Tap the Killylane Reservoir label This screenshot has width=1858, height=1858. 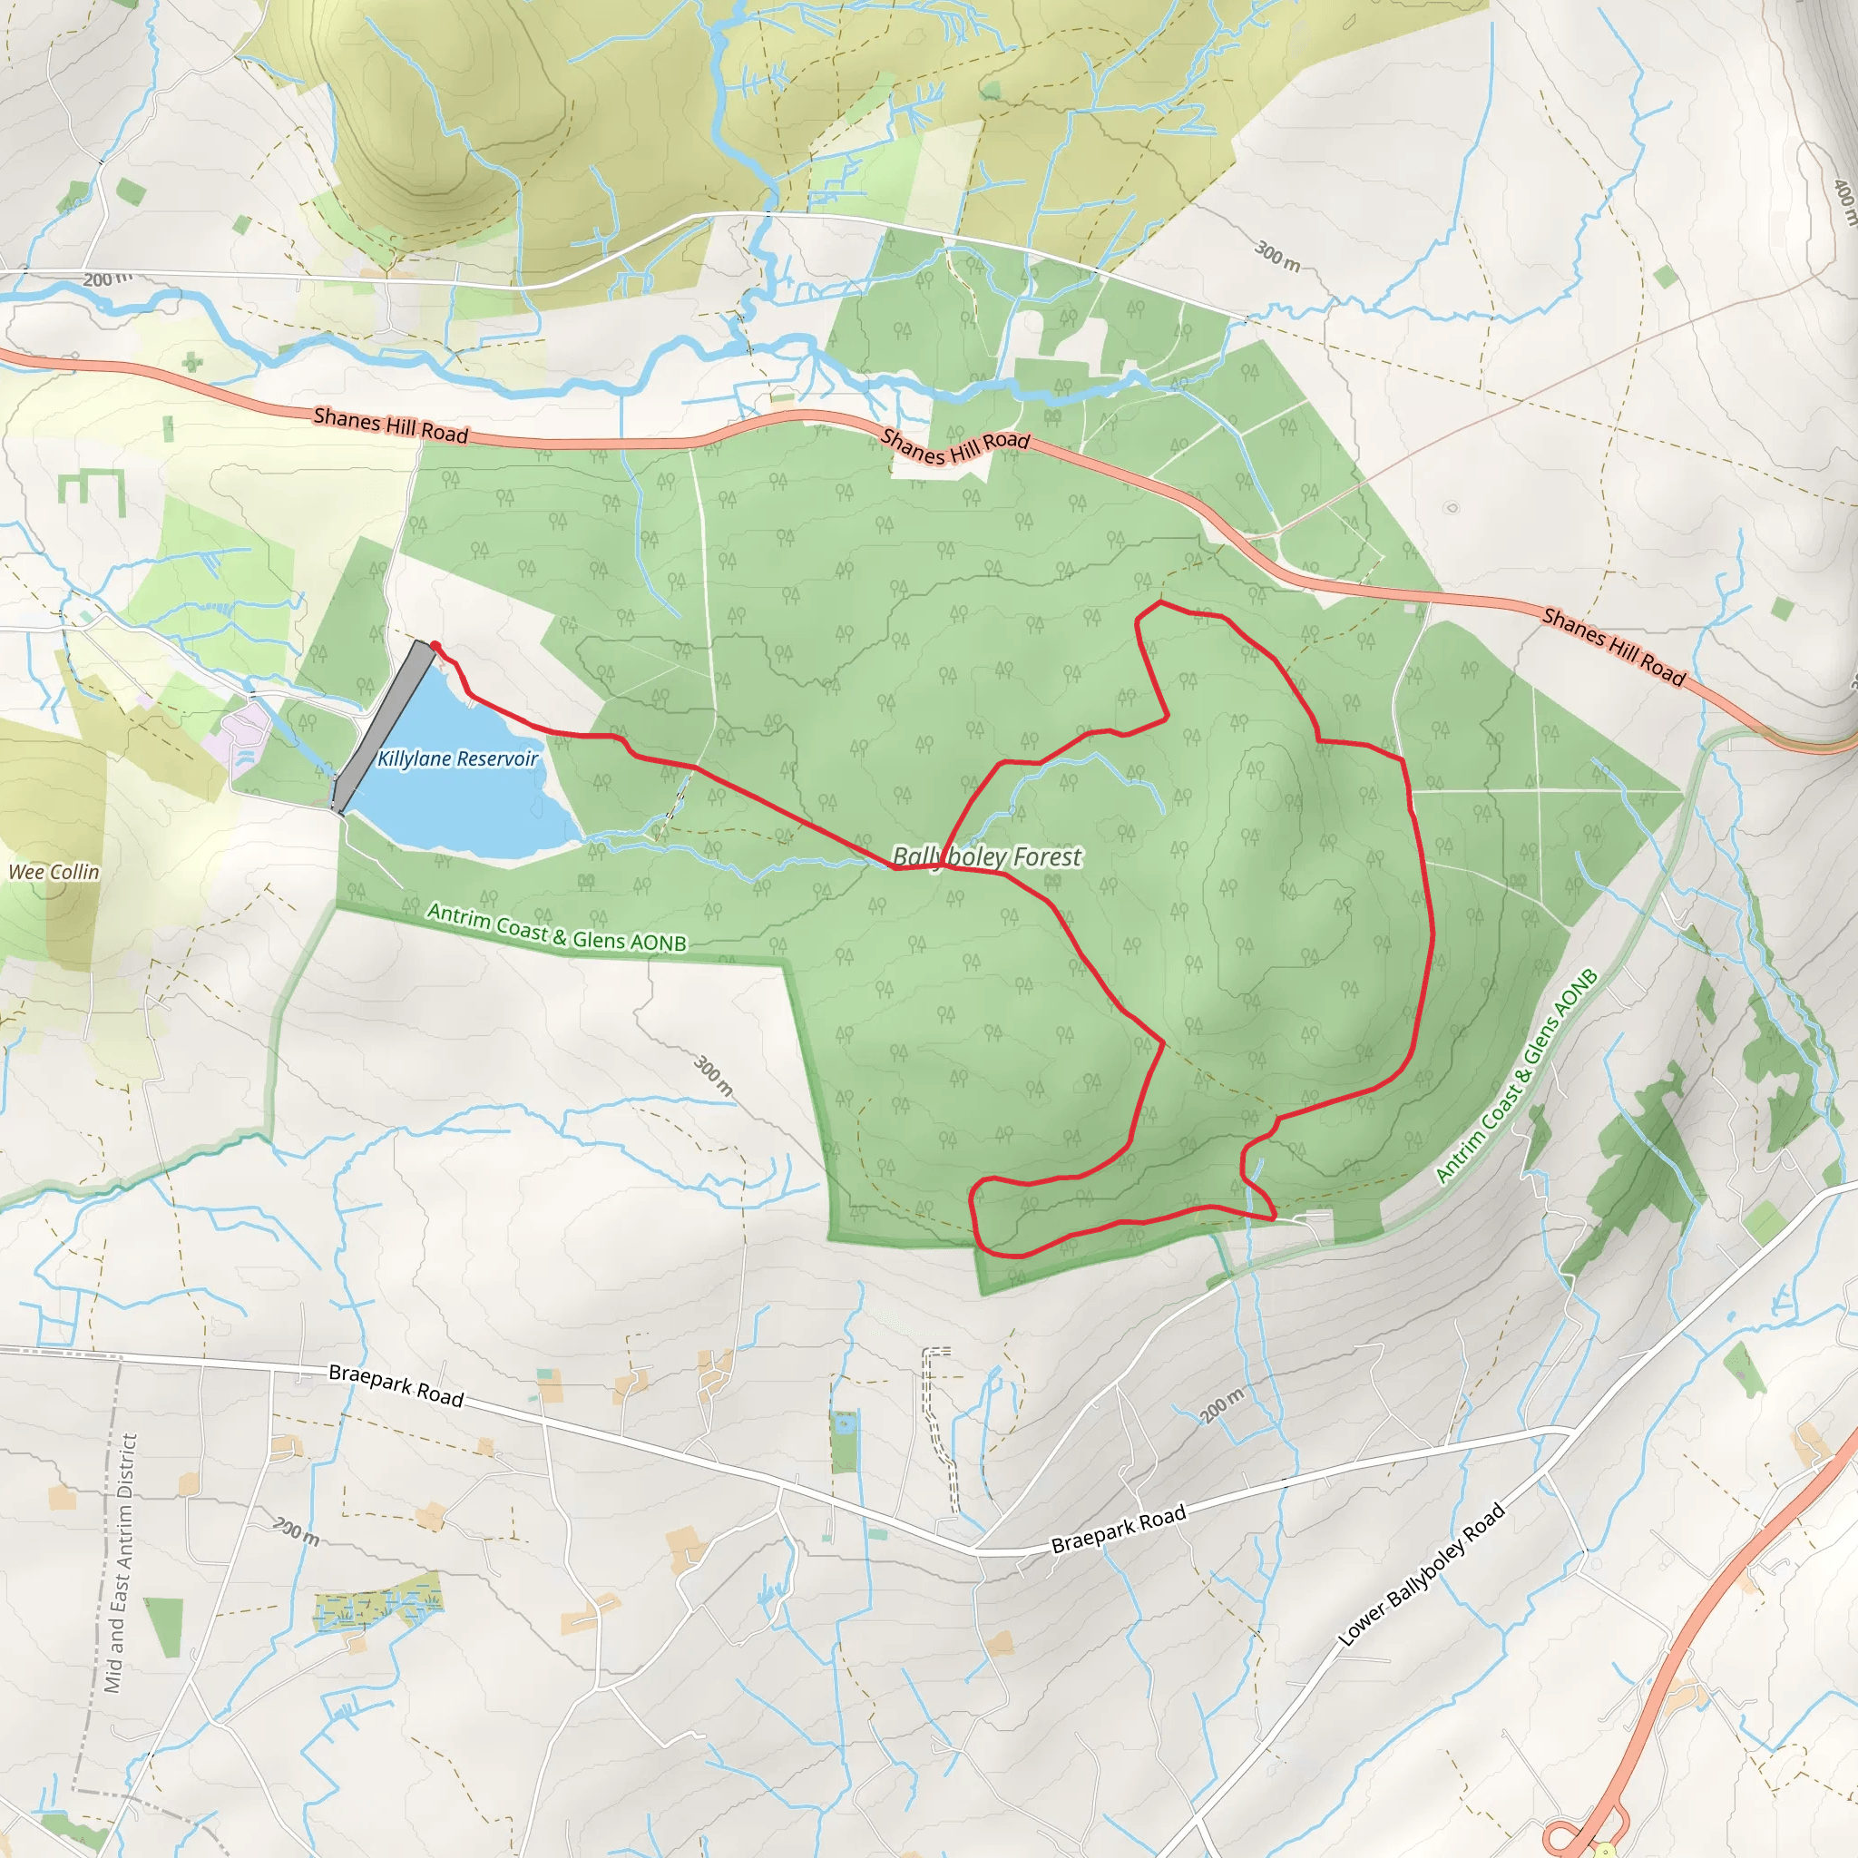pyautogui.click(x=457, y=758)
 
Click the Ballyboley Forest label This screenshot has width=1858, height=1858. pyautogui.click(x=987, y=856)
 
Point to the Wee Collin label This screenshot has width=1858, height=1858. pyautogui.click(x=54, y=872)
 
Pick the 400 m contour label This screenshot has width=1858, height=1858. pyautogui.click(x=1843, y=201)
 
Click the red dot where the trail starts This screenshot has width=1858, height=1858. pyautogui.click(x=435, y=646)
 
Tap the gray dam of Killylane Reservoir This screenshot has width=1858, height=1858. pyautogui.click(x=382, y=726)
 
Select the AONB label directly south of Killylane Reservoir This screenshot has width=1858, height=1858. pyautogui.click(x=557, y=927)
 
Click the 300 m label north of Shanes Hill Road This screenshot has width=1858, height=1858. pyautogui.click(x=1277, y=255)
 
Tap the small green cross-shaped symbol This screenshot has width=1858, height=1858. pyautogui.click(x=192, y=362)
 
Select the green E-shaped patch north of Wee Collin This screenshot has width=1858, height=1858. pyautogui.click(x=93, y=490)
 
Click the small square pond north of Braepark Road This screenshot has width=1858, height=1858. pyautogui.click(x=846, y=1423)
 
